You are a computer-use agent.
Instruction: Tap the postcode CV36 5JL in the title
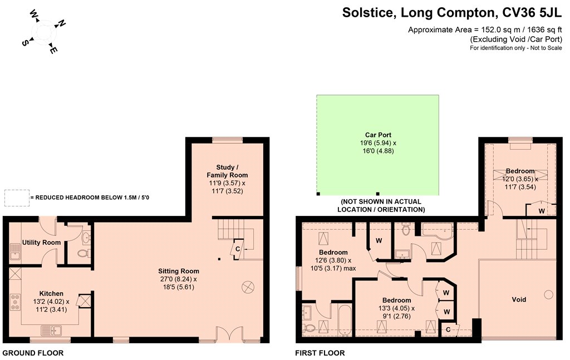coord(532,13)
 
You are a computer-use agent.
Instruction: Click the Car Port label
coord(378,135)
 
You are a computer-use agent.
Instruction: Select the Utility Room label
coord(41,242)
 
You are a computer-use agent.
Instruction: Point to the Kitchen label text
coord(51,294)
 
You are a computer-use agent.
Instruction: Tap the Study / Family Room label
coord(227,171)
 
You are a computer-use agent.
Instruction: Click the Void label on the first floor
coord(519,299)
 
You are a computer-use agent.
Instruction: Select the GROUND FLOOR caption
coord(33,353)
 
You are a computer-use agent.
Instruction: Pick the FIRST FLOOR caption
coord(320,353)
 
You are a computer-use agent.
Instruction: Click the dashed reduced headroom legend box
coord(17,198)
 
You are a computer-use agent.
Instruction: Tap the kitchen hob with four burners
coord(15,302)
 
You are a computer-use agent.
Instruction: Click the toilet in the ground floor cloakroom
coord(83,253)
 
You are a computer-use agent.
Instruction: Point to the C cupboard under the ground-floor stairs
coord(237,249)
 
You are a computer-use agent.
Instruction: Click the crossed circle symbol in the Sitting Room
coord(248,287)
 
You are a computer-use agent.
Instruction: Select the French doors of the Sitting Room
coord(229,334)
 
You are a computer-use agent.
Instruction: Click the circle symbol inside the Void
coord(548,294)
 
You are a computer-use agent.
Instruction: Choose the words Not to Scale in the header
coord(546,48)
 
